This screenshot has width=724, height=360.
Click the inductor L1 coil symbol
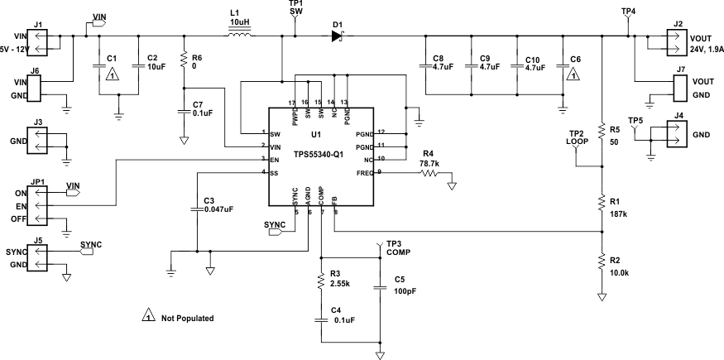click(x=240, y=35)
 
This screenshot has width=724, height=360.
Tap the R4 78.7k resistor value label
click(x=429, y=164)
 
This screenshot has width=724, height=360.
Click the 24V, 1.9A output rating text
click(x=706, y=48)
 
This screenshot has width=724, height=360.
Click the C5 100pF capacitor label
click(x=405, y=292)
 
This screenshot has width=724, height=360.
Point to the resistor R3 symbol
click(x=319, y=282)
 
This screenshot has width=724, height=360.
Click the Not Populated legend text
click(x=187, y=317)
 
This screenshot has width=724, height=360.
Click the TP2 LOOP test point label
click(x=576, y=137)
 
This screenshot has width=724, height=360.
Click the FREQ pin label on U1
click(x=364, y=172)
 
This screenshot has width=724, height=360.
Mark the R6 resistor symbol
click(x=183, y=59)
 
